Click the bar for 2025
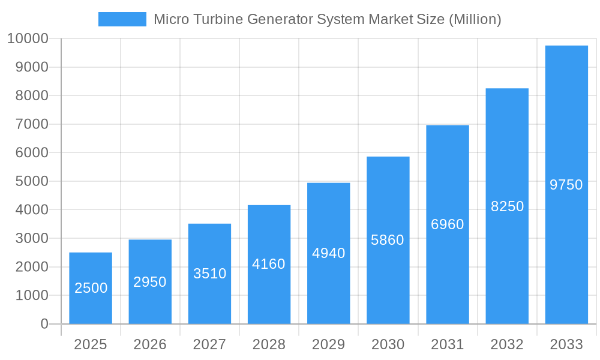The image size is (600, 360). (x=91, y=288)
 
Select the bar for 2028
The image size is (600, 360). (x=269, y=264)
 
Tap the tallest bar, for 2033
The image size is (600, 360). (x=566, y=185)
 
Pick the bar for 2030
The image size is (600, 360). (x=388, y=240)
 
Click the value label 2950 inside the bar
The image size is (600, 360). (x=150, y=282)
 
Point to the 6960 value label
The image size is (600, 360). (x=448, y=224)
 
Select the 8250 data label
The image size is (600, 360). (x=507, y=206)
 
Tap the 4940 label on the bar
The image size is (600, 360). (x=328, y=253)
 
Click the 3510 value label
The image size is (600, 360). (x=209, y=274)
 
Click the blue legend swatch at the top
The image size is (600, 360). (x=122, y=19)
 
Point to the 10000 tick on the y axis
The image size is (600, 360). (x=28, y=39)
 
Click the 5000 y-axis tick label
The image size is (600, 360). (x=32, y=181)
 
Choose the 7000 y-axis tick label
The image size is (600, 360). (x=32, y=124)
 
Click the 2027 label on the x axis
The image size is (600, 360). (x=209, y=344)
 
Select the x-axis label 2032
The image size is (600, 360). (x=507, y=344)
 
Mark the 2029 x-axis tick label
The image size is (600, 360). (x=328, y=344)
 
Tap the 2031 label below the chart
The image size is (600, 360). (x=448, y=344)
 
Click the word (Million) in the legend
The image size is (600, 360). (x=475, y=19)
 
